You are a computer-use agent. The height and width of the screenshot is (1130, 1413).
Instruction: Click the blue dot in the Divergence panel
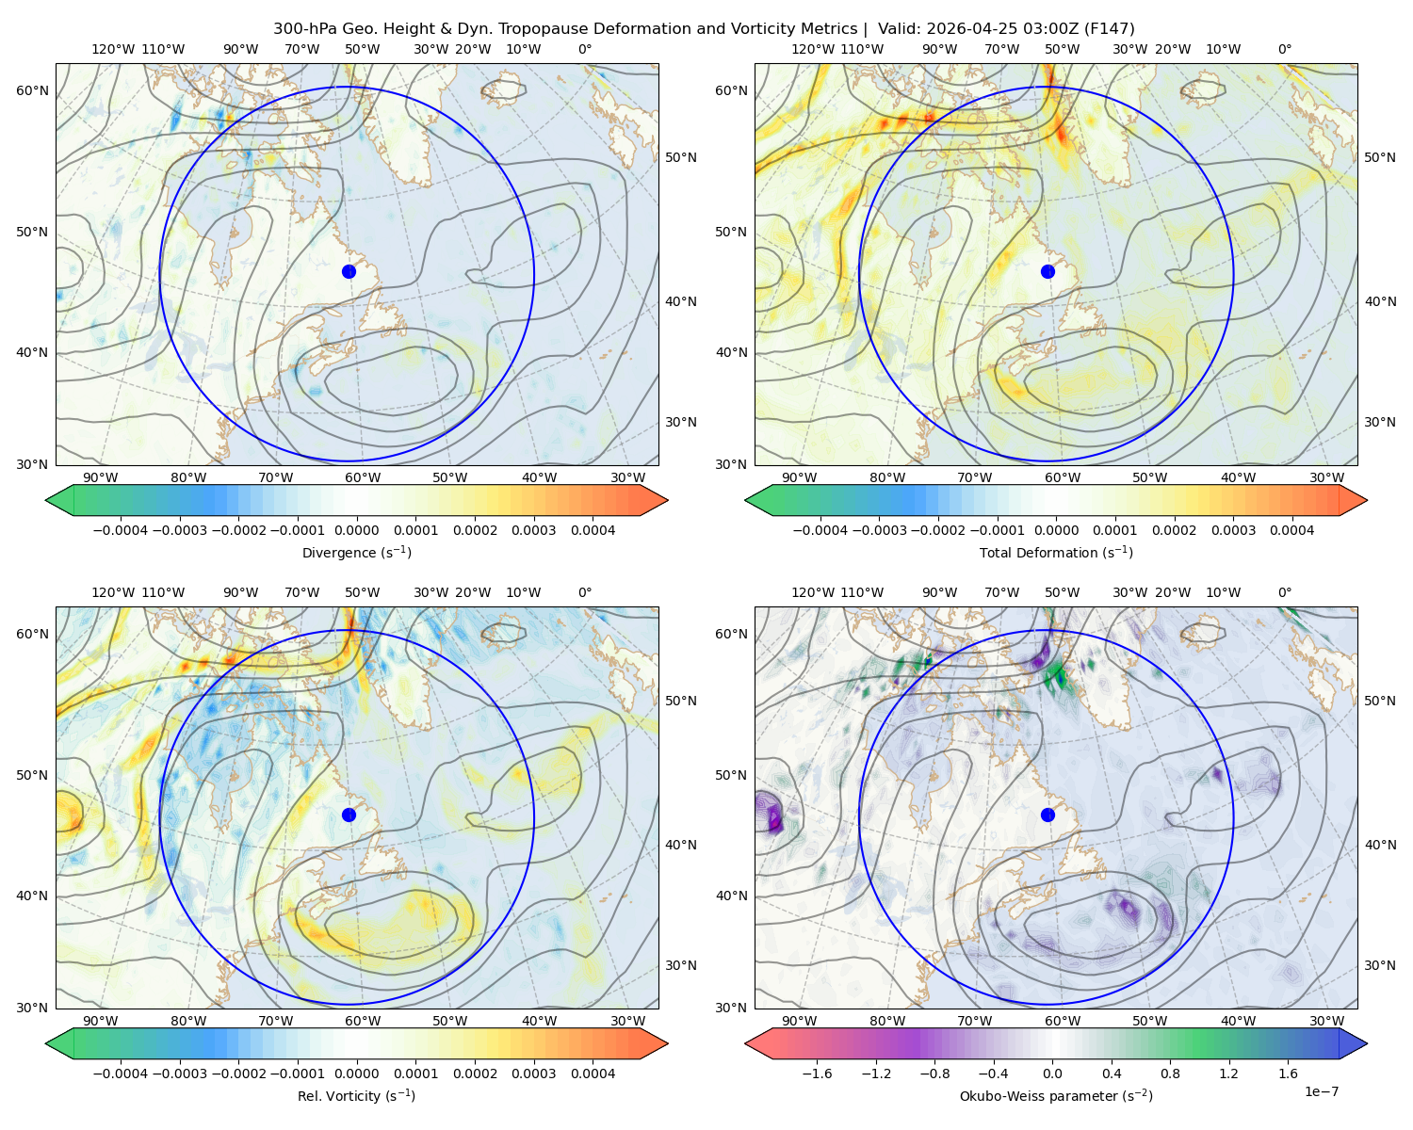[349, 272]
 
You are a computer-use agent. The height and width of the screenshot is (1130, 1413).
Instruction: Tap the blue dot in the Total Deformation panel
[1048, 272]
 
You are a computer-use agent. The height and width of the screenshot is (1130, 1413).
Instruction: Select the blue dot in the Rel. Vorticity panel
[349, 815]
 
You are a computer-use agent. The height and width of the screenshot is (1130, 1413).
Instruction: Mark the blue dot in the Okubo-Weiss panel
[1048, 815]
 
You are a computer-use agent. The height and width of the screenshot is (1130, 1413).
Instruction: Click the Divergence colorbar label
[356, 553]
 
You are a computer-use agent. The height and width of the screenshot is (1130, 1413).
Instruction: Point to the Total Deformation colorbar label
[1056, 553]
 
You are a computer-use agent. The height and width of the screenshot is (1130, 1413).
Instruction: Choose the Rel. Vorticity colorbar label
[356, 1096]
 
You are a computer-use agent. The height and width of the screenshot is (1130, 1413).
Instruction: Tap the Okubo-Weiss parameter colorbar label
[1056, 1096]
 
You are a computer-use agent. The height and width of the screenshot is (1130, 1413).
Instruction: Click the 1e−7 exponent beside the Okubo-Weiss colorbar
[1321, 1091]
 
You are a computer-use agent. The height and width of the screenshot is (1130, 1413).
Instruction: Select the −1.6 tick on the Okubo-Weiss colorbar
[817, 1073]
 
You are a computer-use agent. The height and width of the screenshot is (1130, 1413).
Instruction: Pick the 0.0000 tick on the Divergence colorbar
[356, 530]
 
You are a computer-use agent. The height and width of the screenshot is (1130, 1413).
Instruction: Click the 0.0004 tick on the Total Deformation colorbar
[1291, 530]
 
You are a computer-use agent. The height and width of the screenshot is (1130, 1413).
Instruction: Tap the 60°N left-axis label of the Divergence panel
[33, 90]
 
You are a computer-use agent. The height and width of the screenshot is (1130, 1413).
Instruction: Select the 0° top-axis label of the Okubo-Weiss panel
[1285, 592]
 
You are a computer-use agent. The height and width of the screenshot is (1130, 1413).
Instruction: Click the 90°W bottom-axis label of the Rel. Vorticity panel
[101, 1021]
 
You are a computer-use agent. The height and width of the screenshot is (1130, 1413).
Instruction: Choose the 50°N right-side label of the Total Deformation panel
[1380, 157]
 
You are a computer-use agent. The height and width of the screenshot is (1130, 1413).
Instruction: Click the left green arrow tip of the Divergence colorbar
[46, 500]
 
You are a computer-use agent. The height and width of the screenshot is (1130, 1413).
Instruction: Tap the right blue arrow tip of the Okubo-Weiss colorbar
[1367, 1043]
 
